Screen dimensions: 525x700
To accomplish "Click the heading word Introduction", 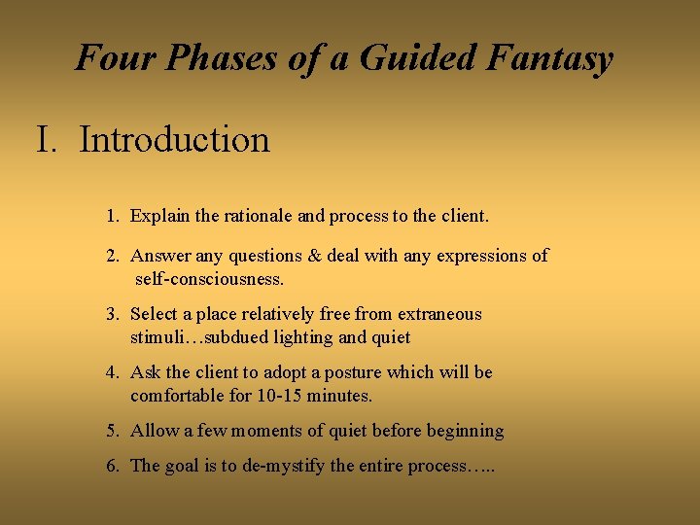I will point(174,140).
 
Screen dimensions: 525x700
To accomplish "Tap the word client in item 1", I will point(462,216).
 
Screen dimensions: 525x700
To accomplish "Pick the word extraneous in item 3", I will point(438,314).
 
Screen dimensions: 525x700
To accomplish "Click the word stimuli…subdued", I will point(199,337).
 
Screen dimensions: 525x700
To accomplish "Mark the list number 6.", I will point(113,466).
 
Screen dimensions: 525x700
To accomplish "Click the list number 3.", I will point(113,314).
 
